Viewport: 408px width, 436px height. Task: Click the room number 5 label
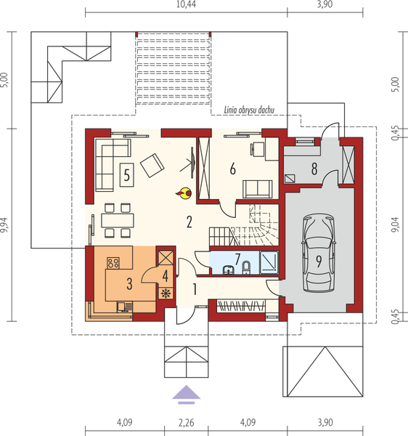pyautogui.click(x=126, y=174)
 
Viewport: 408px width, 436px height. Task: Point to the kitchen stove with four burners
pyautogui.click(x=114, y=262)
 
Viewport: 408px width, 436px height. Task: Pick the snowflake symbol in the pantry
pyautogui.click(x=166, y=294)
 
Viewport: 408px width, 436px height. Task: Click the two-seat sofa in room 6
pyautogui.click(x=256, y=188)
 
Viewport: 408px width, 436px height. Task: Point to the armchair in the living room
pyautogui.click(x=153, y=166)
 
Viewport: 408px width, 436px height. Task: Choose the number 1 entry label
pyautogui.click(x=195, y=288)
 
